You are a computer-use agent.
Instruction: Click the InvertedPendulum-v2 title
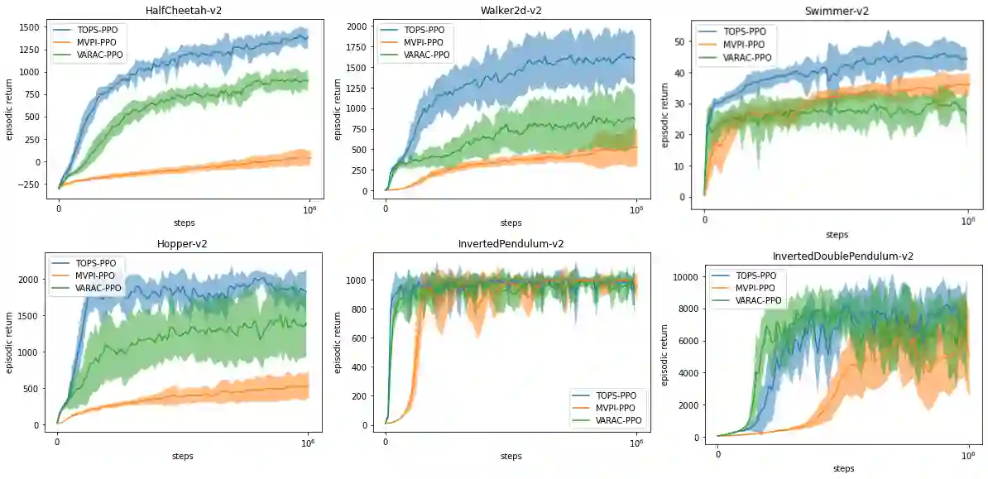[x=511, y=244]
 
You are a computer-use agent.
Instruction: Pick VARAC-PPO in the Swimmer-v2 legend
[x=747, y=57]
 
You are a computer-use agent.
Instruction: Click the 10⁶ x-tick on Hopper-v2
[x=308, y=441]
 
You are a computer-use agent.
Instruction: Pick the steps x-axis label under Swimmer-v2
[x=837, y=234]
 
